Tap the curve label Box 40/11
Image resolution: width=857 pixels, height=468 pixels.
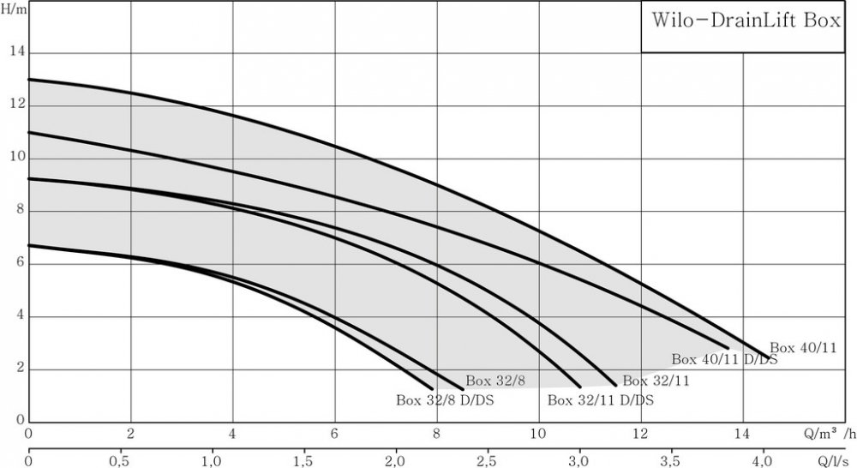pos(802,348)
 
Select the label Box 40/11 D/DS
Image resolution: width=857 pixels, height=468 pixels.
pos(724,360)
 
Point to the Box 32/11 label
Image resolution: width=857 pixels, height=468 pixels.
pos(656,381)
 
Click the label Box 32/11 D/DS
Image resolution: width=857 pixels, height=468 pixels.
pos(600,400)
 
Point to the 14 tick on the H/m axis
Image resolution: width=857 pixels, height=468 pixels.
pos(15,53)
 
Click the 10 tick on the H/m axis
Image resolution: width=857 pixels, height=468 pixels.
pos(15,159)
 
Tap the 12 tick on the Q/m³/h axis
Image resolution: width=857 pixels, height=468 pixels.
pos(639,434)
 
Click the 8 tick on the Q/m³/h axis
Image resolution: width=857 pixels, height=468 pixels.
pos(436,434)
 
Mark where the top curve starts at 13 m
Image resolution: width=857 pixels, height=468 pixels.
pos(29,80)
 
